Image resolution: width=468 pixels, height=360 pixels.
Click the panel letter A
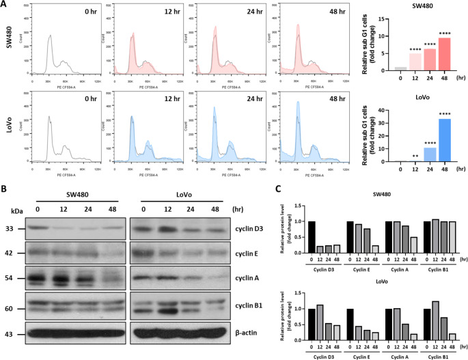tap(5, 5)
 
